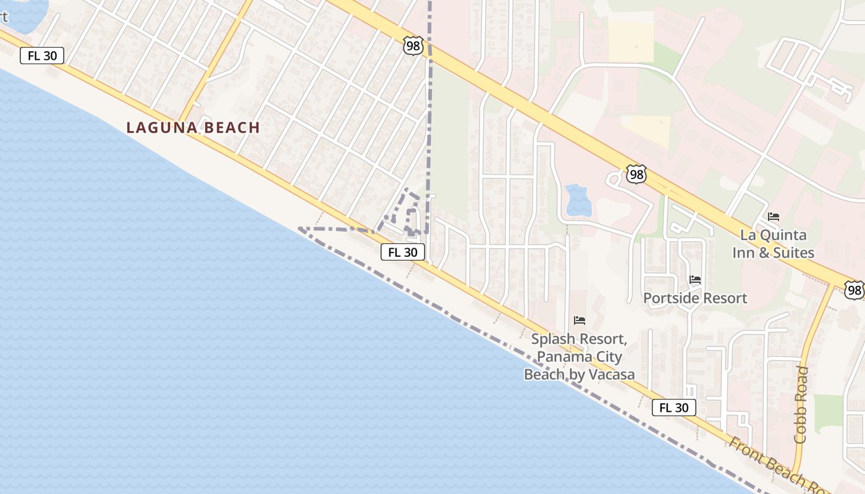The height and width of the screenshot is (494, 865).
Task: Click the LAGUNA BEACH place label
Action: (193, 128)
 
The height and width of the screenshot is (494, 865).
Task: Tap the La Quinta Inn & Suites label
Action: (773, 244)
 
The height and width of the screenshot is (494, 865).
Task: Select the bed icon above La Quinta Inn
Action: (774, 217)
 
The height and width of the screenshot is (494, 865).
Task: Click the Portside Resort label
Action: (695, 298)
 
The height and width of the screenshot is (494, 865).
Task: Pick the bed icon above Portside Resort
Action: (695, 280)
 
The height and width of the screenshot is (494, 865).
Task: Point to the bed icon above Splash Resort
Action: (580, 320)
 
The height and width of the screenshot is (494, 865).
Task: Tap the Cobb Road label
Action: (801, 404)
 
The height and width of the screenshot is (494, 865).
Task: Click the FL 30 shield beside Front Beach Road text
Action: (674, 408)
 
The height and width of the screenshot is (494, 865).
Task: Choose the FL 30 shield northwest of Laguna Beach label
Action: (42, 56)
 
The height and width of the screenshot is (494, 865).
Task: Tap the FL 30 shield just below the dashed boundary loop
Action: (403, 252)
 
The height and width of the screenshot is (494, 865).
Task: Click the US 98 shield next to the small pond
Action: (636, 175)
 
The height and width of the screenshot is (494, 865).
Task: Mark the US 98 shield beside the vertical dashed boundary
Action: (413, 45)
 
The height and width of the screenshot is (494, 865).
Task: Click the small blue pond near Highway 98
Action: (578, 200)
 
